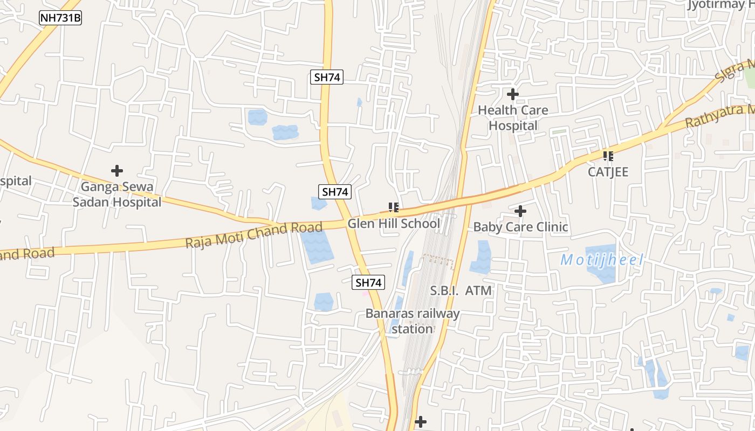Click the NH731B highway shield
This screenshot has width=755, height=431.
(x=60, y=18)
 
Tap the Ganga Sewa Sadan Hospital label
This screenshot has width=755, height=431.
(x=117, y=194)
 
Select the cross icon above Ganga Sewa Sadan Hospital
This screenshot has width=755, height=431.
(x=117, y=171)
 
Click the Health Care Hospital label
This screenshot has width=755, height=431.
(x=513, y=118)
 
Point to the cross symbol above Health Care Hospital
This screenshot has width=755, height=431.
(x=513, y=95)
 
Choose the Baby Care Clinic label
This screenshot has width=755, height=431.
(x=520, y=227)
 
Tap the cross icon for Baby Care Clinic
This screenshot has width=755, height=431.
(x=520, y=211)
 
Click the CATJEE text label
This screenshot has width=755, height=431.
(x=608, y=172)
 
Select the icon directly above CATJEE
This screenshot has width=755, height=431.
(x=608, y=156)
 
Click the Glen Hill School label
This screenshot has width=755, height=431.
(x=394, y=223)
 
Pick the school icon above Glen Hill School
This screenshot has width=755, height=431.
(x=394, y=207)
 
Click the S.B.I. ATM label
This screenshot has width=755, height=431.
(x=461, y=291)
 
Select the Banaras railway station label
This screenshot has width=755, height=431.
(x=413, y=321)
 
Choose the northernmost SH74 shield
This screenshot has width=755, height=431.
(x=327, y=77)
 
